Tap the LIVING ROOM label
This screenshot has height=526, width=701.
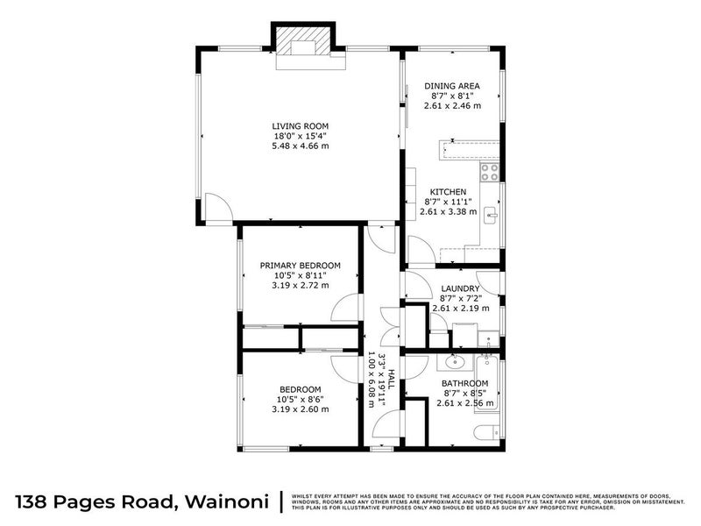[x=300, y=126]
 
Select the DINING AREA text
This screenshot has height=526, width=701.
[x=451, y=86]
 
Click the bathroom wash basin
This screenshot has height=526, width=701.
[x=454, y=361]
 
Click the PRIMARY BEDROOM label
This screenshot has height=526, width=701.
[x=300, y=266]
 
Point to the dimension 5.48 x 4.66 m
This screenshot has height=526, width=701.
[x=300, y=146]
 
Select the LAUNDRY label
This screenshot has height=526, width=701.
[x=460, y=288]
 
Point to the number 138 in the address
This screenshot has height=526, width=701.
[x=33, y=501]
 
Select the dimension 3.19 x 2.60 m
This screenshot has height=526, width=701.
[x=300, y=409]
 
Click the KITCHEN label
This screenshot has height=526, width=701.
[x=448, y=192]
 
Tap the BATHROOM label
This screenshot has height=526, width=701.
[x=464, y=383]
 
